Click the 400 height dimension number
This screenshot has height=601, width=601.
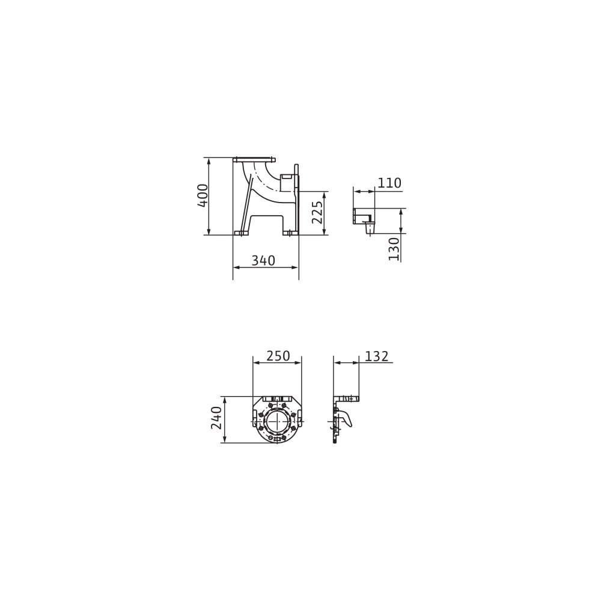[203, 196]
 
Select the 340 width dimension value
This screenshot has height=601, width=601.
[263, 260]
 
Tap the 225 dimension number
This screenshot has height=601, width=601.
[317, 212]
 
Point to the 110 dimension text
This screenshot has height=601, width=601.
[389, 183]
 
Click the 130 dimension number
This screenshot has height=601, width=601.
[394, 249]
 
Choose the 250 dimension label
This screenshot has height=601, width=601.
[278, 356]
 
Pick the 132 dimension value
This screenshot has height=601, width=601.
[376, 356]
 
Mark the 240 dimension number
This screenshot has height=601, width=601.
[216, 418]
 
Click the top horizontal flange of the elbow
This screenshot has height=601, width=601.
[254, 159]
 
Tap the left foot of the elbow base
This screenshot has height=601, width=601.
[240, 233]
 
